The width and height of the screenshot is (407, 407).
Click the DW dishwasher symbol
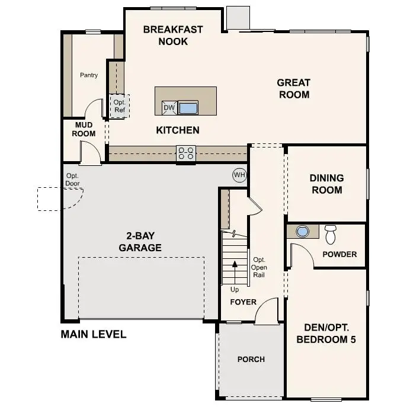[x=169, y=108]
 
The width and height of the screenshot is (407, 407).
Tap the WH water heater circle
[x=239, y=175]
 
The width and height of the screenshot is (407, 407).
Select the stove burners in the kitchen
[x=185, y=153]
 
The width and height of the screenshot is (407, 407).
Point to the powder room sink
[x=303, y=232]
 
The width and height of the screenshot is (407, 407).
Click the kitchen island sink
[x=188, y=108]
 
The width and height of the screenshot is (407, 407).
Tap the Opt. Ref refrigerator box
[x=120, y=106]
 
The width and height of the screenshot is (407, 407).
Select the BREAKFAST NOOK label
[x=173, y=35]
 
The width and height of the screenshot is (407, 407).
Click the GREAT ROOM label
[x=294, y=88]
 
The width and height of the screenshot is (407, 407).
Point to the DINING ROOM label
[x=326, y=184]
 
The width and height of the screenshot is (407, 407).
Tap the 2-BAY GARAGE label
[x=140, y=242]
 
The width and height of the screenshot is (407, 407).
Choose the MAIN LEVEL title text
[x=94, y=334]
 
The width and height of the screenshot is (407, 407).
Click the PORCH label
[x=251, y=359]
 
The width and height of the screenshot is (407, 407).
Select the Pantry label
[x=89, y=75]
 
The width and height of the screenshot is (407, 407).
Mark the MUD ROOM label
[x=84, y=129]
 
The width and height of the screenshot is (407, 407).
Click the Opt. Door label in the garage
[x=72, y=180]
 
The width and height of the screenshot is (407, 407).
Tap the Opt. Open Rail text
[x=259, y=267]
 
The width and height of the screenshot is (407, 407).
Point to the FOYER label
[x=243, y=302]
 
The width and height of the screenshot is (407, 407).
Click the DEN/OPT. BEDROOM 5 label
[x=326, y=334]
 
